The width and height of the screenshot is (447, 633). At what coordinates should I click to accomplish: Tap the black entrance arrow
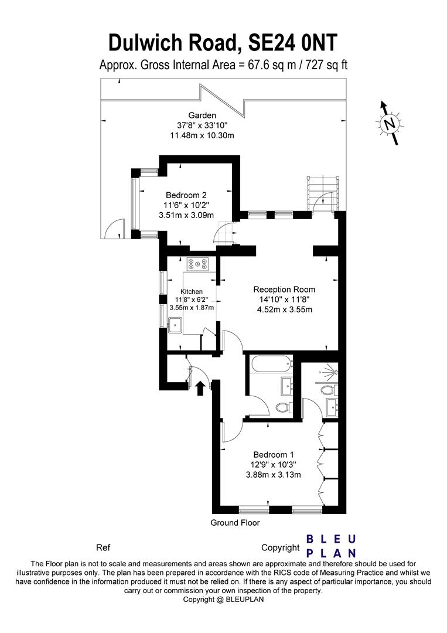(x=199, y=388)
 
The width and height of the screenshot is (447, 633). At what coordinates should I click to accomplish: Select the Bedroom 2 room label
(x=186, y=195)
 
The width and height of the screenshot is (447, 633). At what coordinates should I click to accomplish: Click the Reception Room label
(x=284, y=290)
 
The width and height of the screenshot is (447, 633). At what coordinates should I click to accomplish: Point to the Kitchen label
(x=192, y=291)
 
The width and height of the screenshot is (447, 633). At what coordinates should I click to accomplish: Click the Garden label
(x=202, y=115)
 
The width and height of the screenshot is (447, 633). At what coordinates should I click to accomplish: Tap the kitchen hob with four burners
(x=197, y=264)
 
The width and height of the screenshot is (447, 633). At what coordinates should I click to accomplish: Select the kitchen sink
(x=176, y=325)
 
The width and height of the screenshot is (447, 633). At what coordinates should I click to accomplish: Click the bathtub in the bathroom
(x=271, y=365)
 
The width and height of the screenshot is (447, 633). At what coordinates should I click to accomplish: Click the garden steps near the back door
(x=322, y=193)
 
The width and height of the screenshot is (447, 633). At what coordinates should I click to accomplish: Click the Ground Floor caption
(x=235, y=523)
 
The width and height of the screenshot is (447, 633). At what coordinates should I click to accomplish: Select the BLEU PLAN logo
(x=331, y=546)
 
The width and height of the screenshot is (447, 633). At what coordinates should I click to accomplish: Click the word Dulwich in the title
(x=145, y=43)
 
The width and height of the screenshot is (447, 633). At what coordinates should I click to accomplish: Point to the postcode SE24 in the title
(x=272, y=43)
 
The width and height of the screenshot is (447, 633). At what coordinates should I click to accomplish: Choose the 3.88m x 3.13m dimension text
(x=274, y=475)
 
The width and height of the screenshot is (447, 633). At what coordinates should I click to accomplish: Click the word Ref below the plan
(x=103, y=548)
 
